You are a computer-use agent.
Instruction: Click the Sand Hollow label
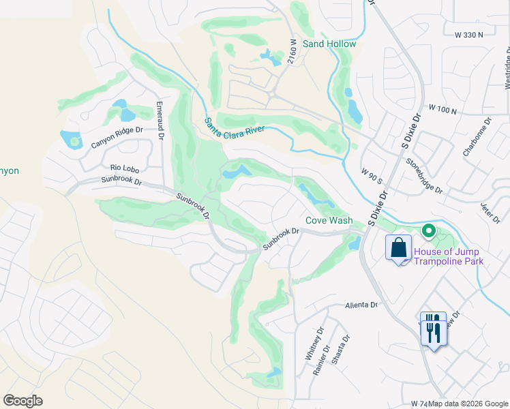329,44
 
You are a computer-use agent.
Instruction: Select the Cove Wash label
329,220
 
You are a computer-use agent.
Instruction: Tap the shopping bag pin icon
398,247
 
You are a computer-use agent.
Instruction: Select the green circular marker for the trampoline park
428,231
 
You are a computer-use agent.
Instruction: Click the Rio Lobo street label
125,167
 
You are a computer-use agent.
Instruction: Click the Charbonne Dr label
477,137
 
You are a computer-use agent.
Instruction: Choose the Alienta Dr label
361,305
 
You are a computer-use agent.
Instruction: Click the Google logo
22,401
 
